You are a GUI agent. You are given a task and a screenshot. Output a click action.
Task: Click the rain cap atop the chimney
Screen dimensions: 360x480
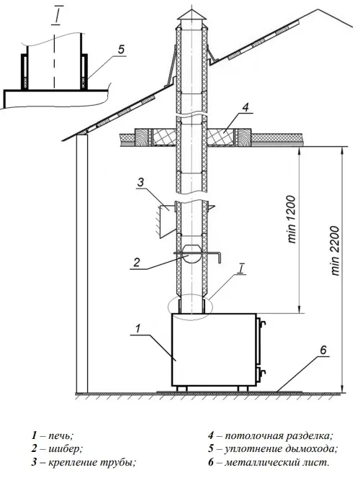192,15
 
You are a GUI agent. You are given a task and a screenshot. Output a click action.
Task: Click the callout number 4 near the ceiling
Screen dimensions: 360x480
245,107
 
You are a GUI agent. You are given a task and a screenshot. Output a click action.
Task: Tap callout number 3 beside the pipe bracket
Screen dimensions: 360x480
140,183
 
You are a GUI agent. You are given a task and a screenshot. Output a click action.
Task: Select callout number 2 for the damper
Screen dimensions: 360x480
137,263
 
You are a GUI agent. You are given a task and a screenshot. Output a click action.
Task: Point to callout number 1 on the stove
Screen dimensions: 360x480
138,329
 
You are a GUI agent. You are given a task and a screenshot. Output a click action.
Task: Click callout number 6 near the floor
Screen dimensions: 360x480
324,350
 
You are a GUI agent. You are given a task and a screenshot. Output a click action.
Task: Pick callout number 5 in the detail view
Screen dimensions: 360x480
122,49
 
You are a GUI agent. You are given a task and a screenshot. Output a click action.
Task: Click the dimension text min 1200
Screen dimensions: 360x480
292,219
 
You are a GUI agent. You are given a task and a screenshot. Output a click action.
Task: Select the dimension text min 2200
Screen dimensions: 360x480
336,251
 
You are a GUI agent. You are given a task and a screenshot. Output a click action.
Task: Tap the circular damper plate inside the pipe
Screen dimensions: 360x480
192,254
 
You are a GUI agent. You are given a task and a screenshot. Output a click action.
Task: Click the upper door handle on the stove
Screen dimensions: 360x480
262,324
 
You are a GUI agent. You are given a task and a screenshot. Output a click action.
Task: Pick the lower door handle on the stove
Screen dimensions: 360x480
262,373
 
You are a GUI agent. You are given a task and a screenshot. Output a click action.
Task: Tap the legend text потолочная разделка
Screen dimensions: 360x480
279,435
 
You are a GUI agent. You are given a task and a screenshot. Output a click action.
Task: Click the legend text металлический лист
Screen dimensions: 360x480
277,462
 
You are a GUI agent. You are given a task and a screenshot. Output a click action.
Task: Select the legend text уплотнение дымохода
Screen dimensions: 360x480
281,449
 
